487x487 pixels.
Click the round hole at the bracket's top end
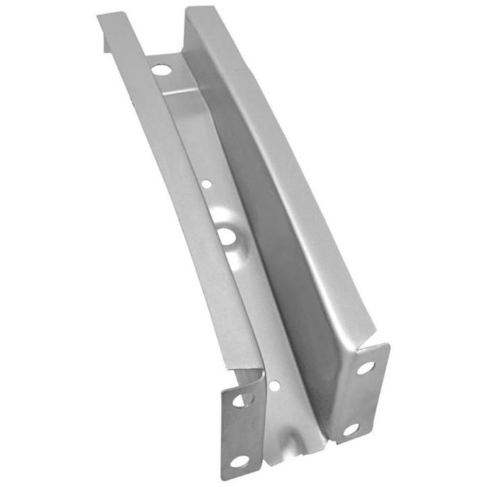(x=161, y=70)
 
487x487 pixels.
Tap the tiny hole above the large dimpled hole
(x=207, y=185)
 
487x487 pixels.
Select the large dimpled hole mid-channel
(x=226, y=236)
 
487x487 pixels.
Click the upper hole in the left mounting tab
(x=243, y=399)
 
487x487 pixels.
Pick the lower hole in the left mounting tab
(x=239, y=459)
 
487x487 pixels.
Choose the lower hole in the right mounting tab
(x=351, y=429)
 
